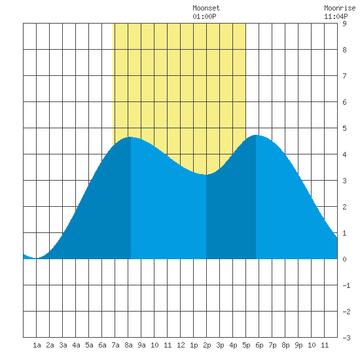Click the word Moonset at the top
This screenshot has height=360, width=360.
click(206, 8)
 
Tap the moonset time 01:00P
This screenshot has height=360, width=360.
click(204, 16)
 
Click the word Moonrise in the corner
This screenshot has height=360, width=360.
click(340, 8)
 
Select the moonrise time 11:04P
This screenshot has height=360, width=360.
click(336, 16)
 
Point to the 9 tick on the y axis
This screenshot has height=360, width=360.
click(344, 24)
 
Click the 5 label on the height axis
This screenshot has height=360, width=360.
click(344, 128)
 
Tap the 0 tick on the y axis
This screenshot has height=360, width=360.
click(344, 259)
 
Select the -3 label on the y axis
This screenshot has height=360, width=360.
click(346, 338)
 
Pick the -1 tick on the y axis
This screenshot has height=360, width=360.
click(346, 285)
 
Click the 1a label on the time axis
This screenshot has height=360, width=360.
click(37, 345)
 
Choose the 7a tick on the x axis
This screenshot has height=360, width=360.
click(115, 345)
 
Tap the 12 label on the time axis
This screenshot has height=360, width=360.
click(181, 345)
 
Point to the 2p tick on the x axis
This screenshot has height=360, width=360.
click(207, 345)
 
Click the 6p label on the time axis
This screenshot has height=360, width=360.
click(259, 345)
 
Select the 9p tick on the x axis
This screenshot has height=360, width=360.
click(298, 345)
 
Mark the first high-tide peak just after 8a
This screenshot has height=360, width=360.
click(131, 137)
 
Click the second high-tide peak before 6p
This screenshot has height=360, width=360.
click(256, 135)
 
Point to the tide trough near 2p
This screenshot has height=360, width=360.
click(206, 175)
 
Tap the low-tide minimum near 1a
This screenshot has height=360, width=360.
click(36, 258)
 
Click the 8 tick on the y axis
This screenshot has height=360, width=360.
click(344, 50)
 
